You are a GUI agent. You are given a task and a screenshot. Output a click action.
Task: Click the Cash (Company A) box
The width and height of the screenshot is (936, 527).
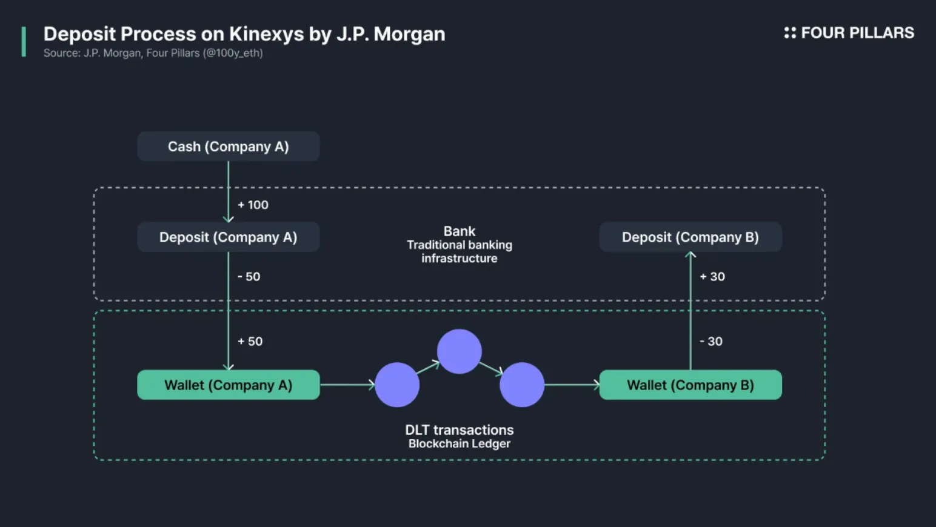pos(229,147)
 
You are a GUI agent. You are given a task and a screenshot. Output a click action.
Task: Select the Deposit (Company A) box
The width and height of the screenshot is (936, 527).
pos(229,237)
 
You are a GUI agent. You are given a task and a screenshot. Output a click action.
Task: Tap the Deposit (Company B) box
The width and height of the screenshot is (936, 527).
pos(690,237)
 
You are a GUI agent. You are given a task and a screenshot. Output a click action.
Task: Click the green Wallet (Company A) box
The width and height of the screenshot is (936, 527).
pos(229,385)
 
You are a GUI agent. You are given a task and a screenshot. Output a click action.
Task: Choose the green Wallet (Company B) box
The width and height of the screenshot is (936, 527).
pos(690,385)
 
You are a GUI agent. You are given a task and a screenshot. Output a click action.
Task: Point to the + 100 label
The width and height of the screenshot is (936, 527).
pos(253,205)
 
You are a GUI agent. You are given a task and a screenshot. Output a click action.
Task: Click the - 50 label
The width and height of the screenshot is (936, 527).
pos(249,276)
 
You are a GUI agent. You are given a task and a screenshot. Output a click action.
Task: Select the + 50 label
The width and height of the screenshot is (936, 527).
pos(250,341)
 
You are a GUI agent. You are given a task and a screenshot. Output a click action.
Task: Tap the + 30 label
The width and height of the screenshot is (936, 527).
pos(712,276)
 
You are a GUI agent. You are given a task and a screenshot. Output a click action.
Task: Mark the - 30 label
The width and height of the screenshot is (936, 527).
pos(710,341)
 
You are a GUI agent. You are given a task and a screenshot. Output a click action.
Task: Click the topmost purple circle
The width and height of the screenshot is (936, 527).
pos(460,351)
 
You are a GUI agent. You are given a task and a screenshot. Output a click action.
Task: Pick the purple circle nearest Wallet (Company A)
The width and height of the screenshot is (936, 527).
pos(397,385)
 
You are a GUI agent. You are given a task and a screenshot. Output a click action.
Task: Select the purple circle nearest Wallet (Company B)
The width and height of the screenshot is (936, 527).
pos(522,385)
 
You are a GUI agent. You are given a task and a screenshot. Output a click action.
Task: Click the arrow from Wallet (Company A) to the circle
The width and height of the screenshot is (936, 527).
pos(347,385)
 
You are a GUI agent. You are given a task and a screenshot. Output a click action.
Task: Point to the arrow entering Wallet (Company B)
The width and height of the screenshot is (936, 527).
pos(572,385)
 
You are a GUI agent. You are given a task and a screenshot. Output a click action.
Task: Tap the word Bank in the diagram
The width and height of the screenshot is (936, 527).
pos(460,231)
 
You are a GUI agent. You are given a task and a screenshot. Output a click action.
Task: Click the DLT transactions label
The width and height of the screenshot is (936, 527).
pos(460,430)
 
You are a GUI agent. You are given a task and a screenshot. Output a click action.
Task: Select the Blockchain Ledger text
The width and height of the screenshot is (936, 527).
pos(460,443)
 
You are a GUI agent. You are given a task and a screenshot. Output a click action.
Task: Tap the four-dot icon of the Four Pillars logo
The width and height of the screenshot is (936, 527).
pos(790,33)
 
